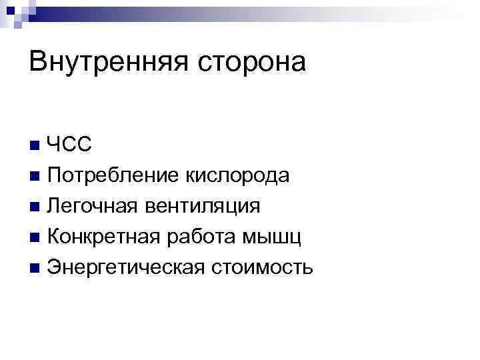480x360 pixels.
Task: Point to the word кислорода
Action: pos(236,176)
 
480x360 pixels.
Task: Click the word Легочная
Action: pos(90,207)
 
